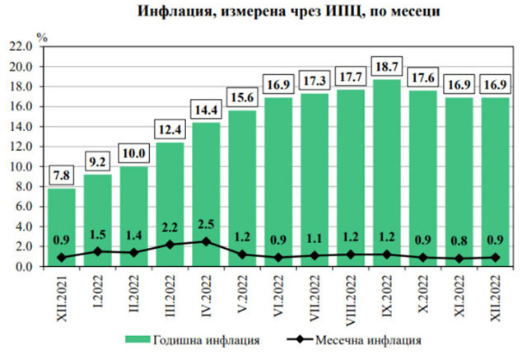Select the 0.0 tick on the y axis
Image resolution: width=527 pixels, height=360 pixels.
coord(25,266)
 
